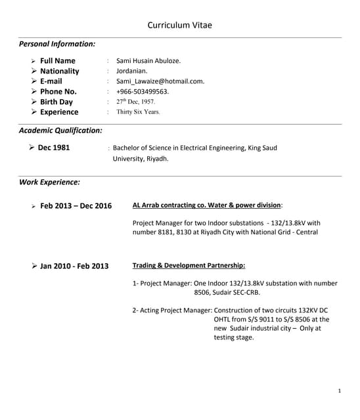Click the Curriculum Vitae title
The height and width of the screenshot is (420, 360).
point(179,26)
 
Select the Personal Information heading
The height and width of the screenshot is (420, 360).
point(57,44)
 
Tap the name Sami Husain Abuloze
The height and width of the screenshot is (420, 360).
point(148,61)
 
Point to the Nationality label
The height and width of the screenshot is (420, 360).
point(59,71)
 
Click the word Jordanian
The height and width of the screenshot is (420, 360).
point(132,71)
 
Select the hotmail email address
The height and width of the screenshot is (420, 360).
point(160,81)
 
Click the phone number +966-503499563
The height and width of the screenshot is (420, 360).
point(143,91)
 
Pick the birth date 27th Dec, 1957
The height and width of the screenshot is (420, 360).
point(136,102)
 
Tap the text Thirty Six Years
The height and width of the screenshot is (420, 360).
point(138,112)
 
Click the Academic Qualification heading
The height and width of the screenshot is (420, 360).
point(60,131)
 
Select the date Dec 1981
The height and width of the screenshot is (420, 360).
point(54,148)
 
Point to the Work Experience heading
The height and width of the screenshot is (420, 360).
point(49,182)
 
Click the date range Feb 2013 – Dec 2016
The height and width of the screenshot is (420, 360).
point(76,206)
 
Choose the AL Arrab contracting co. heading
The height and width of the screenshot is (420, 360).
point(207,205)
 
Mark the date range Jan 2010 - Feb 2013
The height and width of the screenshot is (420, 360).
point(74,266)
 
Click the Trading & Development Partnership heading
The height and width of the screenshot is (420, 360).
point(189,266)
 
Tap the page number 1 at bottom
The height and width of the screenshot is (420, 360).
point(339,391)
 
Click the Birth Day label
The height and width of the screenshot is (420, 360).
point(56,102)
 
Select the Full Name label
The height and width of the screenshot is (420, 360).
point(58,61)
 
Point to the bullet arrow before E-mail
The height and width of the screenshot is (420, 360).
point(34,81)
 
